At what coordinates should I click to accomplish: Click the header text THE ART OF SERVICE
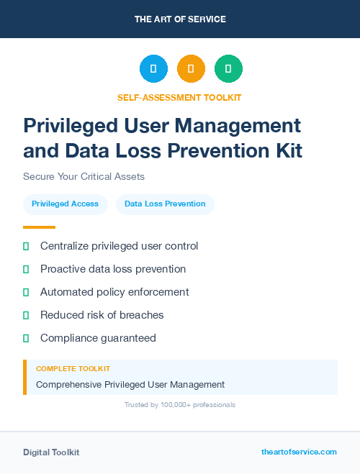180,19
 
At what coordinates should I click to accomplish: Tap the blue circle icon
153,69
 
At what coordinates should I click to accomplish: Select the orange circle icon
191,69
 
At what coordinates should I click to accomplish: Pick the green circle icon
228,69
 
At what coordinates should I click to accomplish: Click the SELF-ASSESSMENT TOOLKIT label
179,97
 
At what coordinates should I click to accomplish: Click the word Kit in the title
286,151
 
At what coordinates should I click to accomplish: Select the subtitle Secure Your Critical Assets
84,176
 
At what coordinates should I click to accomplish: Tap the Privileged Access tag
65,204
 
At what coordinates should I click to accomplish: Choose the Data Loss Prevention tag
165,204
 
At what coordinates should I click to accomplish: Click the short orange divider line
39,227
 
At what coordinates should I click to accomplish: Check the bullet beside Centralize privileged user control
26,246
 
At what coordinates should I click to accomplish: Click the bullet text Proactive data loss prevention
113,269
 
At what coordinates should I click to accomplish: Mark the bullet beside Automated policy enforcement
26,292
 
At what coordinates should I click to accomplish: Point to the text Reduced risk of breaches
102,315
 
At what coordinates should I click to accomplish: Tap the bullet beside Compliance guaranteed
26,338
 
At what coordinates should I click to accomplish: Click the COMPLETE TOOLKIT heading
73,369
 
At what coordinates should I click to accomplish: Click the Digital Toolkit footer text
51,452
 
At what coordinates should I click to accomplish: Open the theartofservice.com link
299,452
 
